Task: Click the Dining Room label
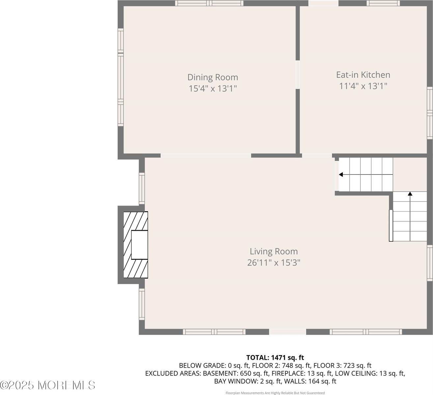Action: [x=212, y=77]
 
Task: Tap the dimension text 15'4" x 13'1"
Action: [x=212, y=89]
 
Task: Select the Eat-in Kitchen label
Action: [x=363, y=75]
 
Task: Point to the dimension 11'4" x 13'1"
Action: [x=363, y=86]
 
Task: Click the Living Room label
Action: [x=273, y=251]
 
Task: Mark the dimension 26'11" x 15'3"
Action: [x=273, y=263]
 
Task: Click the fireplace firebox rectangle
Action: [x=140, y=245]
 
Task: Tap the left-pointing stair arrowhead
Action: [x=341, y=174]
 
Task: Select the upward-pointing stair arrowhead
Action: [x=410, y=194]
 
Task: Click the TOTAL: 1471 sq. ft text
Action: [x=275, y=357]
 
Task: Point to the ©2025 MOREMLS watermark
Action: [x=48, y=385]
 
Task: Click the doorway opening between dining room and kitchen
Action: [x=298, y=74]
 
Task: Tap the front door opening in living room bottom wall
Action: [x=287, y=332]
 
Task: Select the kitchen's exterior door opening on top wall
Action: [x=323, y=3]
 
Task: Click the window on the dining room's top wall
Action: [x=209, y=3]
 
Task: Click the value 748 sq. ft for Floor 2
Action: [x=295, y=366]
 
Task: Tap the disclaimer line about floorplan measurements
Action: [x=275, y=393]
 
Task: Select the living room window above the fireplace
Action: [x=142, y=188]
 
